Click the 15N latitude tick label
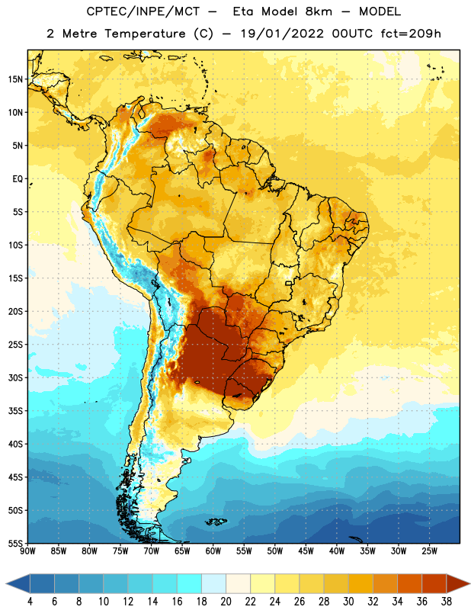point(15,79)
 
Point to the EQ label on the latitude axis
point(18,179)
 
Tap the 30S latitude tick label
point(15,377)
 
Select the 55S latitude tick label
point(15,544)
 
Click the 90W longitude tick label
point(28,551)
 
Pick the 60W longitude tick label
point(213,551)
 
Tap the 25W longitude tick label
point(429,551)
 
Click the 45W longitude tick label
point(306,551)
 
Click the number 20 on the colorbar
point(226,602)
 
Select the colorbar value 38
point(447,602)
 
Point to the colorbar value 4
point(30,602)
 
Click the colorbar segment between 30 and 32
point(360,584)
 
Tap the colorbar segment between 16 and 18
point(189,584)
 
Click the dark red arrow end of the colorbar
point(457,584)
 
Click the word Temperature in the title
point(145,34)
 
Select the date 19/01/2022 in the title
point(282,34)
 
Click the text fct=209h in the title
point(411,34)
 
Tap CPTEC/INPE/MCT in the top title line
point(143,11)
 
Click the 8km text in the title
point(319,11)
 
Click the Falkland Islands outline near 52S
point(216,522)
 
